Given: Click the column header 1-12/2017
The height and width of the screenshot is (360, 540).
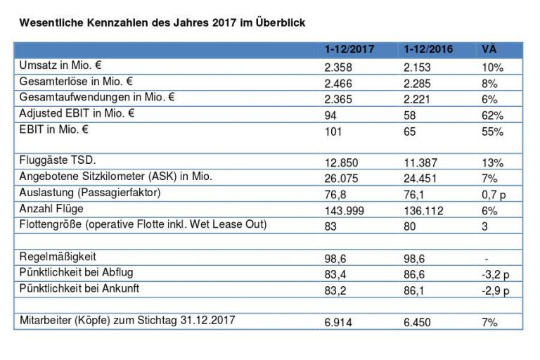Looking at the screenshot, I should pos(349,50).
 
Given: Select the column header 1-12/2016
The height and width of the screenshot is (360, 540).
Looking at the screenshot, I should pos(428,50).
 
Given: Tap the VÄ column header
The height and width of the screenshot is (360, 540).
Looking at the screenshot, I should pos(489,50).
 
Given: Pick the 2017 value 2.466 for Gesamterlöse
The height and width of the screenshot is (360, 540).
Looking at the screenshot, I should pos(338,83).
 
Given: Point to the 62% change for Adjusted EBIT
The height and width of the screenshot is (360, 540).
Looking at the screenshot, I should pos(493,115).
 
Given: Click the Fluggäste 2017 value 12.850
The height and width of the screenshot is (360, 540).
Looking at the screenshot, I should pos(341,162).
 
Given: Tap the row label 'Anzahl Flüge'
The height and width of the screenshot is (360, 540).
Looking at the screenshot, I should pos(51,209).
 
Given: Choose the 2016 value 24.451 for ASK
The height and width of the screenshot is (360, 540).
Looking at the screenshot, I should pos(420,179).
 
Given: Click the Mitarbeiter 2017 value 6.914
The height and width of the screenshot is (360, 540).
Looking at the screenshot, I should pos(338,322).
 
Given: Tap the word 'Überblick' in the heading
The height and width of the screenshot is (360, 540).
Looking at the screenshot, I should pos(280,22).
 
